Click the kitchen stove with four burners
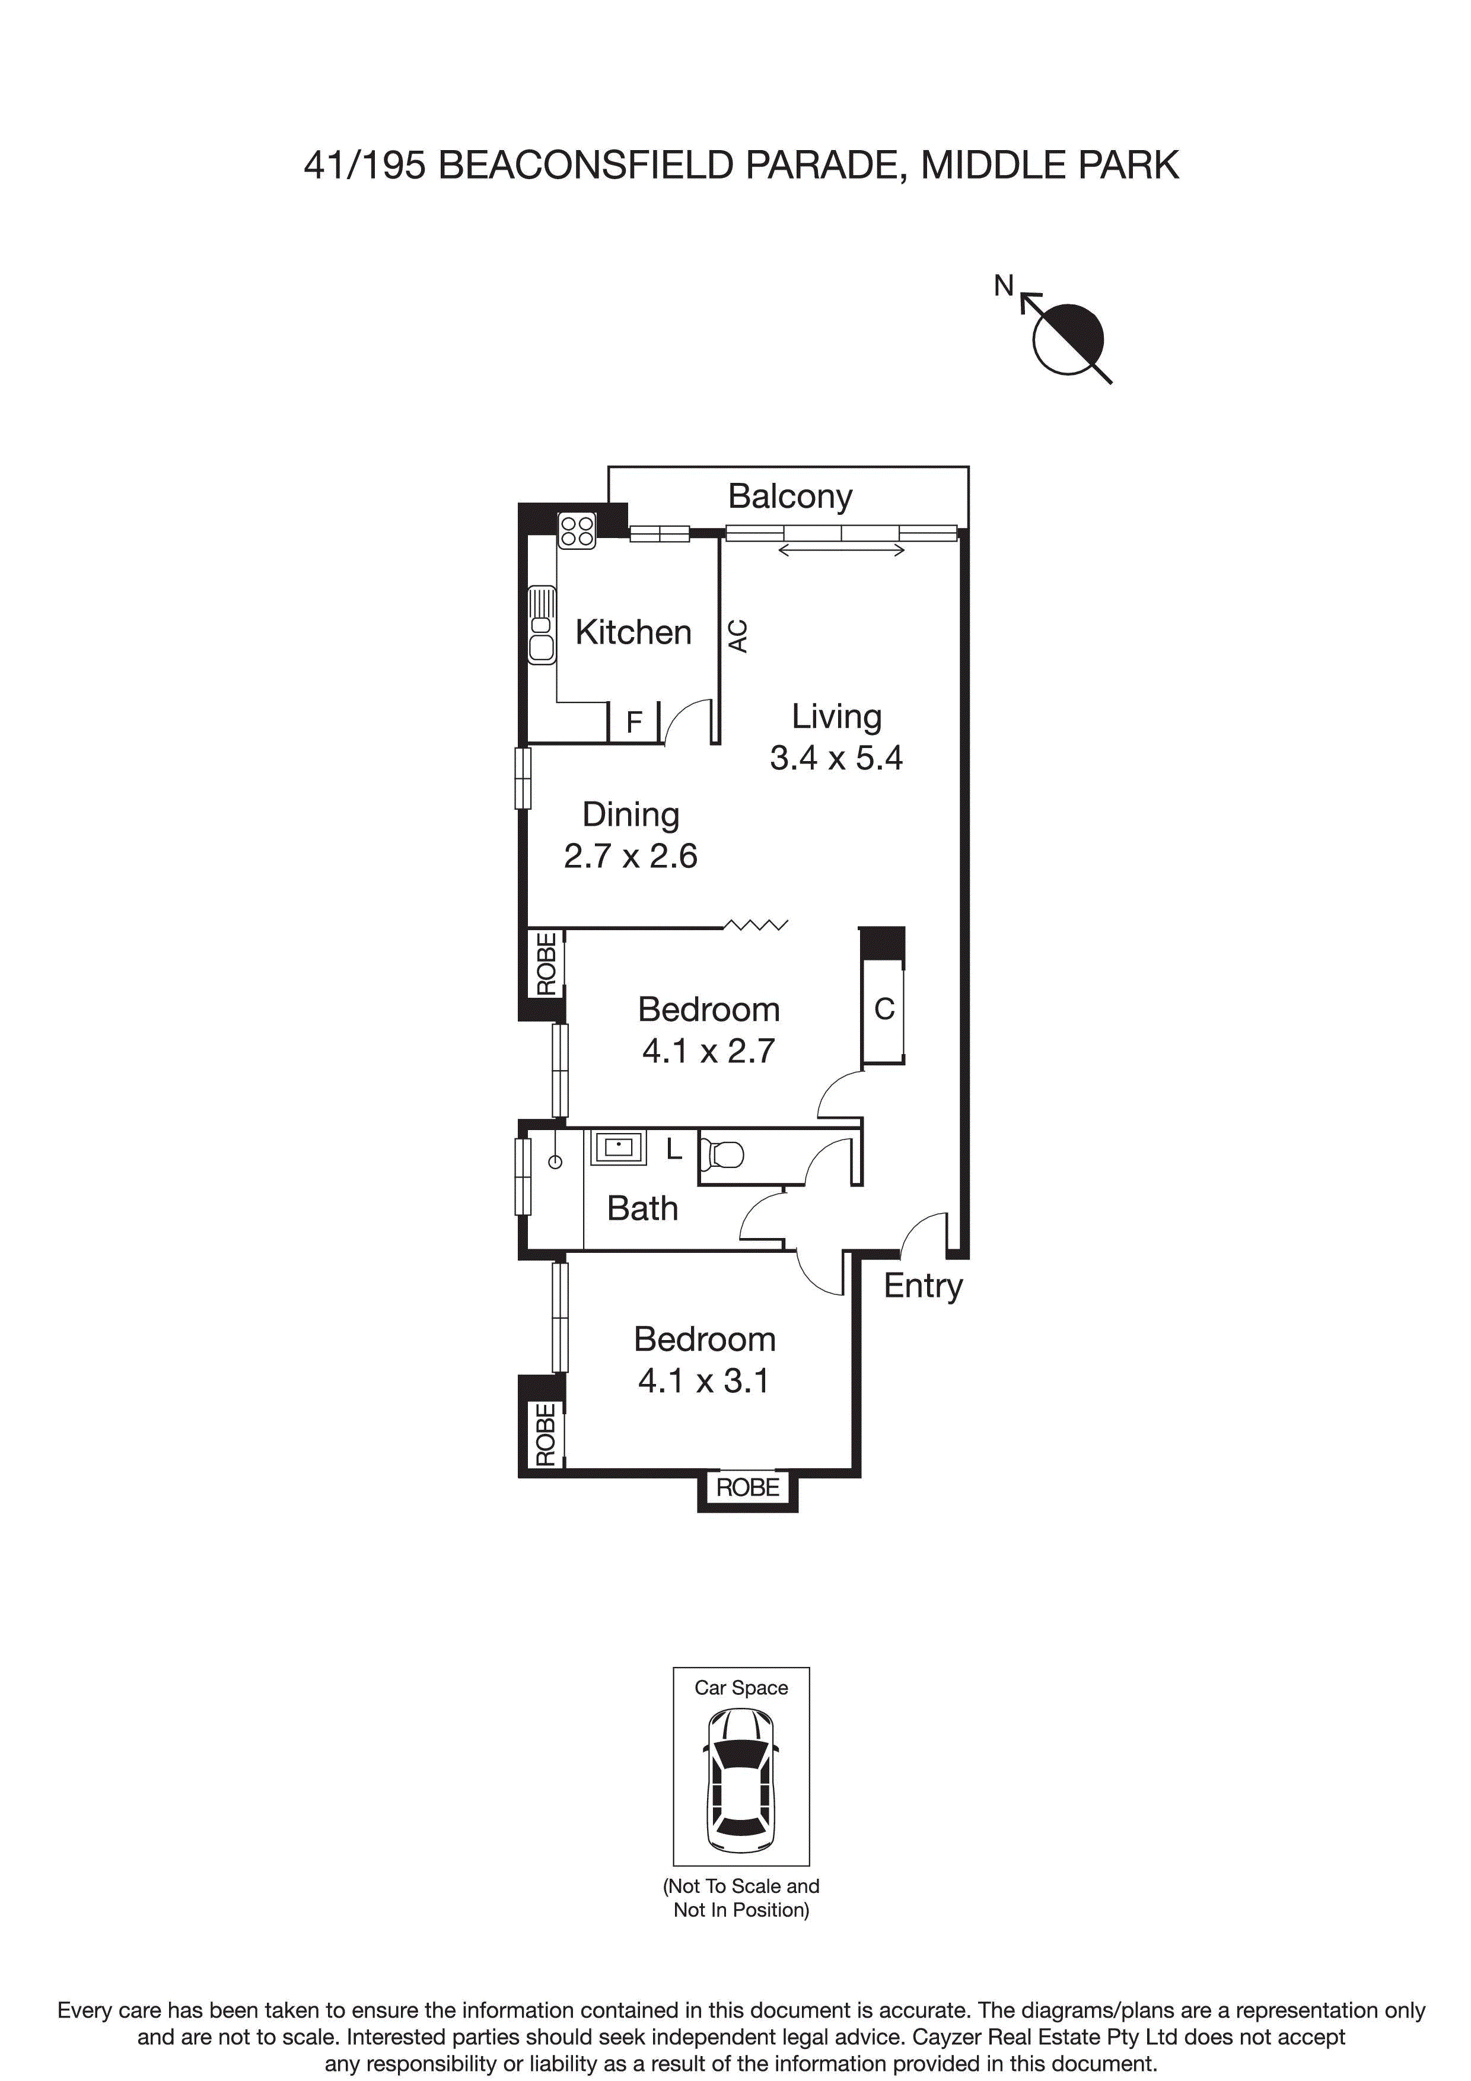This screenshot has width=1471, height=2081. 577,530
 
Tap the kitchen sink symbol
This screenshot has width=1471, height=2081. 542,625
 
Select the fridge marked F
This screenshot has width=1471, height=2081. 633,723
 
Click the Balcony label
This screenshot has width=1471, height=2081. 789,497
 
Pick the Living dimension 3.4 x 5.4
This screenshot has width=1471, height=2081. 836,758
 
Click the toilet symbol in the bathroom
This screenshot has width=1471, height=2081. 723,1155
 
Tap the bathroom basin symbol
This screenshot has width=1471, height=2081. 618,1147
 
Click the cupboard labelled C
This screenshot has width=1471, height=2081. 884,1009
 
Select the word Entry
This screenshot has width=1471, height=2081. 923,1286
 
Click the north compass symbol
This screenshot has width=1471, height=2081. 1068,339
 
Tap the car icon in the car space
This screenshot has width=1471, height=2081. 740,1781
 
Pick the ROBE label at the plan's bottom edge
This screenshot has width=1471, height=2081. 748,1487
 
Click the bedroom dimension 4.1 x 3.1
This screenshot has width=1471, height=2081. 703,1380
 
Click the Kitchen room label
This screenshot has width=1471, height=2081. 633,632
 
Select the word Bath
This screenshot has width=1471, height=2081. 642,1209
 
